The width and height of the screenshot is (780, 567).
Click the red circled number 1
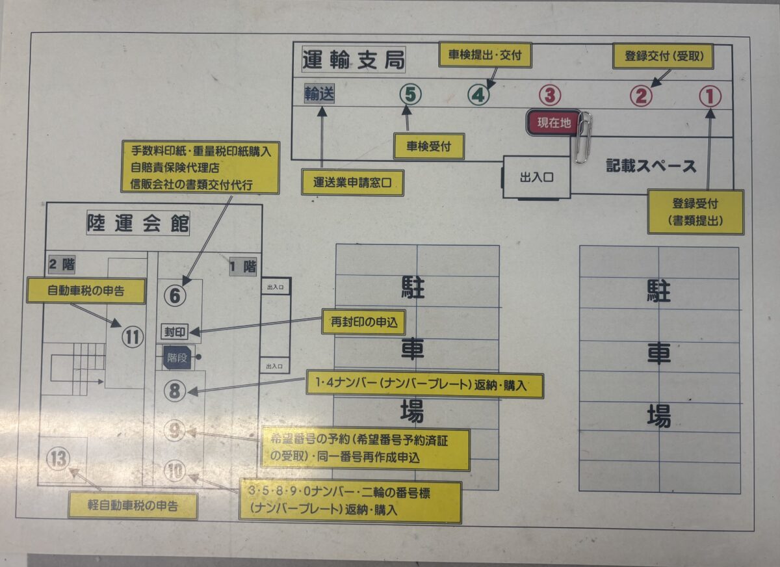pos(710,96)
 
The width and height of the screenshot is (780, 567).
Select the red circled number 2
pos(640,96)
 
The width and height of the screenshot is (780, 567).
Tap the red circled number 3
pos(550,96)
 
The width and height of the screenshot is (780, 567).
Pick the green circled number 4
pos(478,96)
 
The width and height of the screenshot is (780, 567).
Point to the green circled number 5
pos(409,95)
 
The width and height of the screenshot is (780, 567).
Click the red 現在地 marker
pos(552,122)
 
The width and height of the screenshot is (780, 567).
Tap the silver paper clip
pos(582,137)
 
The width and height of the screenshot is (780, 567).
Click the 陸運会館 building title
pos(138,224)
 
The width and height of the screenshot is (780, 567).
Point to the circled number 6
pos(175,297)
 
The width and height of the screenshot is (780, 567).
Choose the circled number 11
pos(133,337)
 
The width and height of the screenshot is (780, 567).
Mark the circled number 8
pos(175,391)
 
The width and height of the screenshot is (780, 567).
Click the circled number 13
pos(58,460)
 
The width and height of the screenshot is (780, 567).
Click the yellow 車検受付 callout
pos(429,146)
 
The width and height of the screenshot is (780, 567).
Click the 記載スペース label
pos(651,166)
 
